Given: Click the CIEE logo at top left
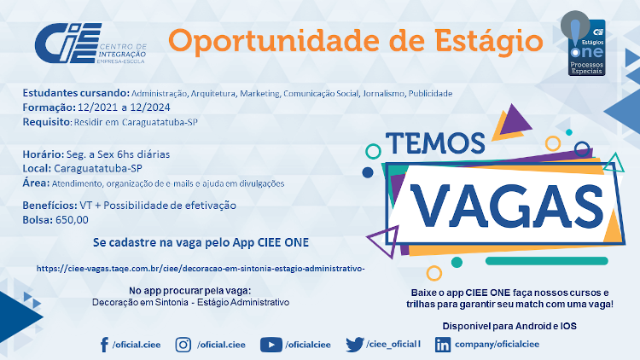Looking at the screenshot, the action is click(x=90, y=44).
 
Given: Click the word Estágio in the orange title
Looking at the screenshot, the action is click(x=489, y=42).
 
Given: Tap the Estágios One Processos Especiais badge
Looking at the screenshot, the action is click(x=584, y=44).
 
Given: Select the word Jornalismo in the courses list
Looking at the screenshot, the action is click(x=383, y=94).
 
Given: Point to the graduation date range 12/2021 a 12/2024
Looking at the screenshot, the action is click(x=124, y=107).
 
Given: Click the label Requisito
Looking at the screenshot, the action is click(x=46, y=122).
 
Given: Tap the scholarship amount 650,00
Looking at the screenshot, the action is click(x=72, y=219).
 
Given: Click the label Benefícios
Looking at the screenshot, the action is click(x=49, y=205).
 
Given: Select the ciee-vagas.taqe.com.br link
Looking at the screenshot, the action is click(x=201, y=269).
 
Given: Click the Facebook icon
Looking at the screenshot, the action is click(x=104, y=345).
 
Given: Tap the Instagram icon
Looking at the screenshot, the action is click(x=183, y=345).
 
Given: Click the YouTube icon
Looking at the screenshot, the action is click(x=271, y=345).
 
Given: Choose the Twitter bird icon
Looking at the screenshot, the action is click(x=355, y=345).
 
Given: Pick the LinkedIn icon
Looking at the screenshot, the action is click(x=443, y=345).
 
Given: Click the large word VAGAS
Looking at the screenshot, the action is click(x=507, y=206).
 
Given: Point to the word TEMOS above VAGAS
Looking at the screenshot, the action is click(x=435, y=142).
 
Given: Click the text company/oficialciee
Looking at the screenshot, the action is click(x=497, y=344).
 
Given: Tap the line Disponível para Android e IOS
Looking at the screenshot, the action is click(x=509, y=326).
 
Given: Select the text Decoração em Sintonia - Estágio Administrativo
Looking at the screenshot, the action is click(x=190, y=303).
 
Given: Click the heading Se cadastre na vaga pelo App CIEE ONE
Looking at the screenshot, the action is click(x=201, y=242).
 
